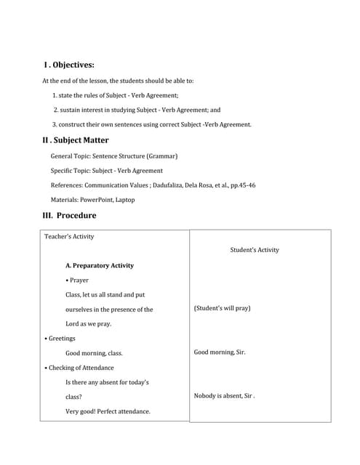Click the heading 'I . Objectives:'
point(69,65)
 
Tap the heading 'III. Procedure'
point(69,215)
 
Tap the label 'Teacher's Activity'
point(69,236)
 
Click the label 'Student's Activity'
point(254,250)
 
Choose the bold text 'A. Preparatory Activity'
point(100,265)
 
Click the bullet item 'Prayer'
point(77,280)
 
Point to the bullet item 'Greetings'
point(60,338)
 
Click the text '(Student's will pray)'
point(222,308)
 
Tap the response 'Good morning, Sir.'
point(220,352)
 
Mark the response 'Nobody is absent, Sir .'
point(224,396)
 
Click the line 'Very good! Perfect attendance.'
point(108,411)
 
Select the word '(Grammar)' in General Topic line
point(162,155)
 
